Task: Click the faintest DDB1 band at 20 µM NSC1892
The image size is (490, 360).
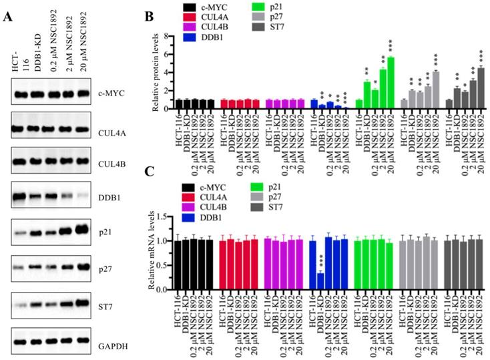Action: (85, 198)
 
